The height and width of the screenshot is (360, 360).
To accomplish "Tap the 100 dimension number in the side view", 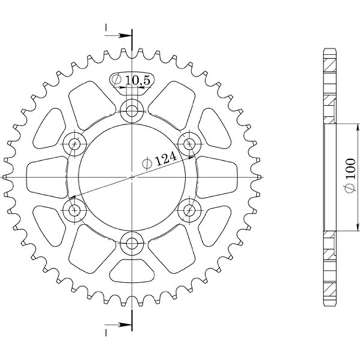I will tap(350, 167).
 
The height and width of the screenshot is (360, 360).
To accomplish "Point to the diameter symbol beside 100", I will tap(350, 189).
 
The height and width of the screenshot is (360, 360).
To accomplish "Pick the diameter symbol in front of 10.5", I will tap(118, 80).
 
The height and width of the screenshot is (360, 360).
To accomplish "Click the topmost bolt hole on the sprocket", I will tap(131, 110).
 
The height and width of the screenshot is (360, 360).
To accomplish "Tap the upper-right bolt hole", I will tap(190, 143).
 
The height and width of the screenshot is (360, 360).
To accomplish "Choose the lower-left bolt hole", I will tap(74, 210).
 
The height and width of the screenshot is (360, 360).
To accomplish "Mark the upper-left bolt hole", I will tap(74, 143).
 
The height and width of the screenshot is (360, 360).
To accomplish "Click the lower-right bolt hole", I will tap(190, 210).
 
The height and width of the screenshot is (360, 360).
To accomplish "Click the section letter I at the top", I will tap(106, 28).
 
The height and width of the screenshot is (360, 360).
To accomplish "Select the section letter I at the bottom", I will tap(106, 332).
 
